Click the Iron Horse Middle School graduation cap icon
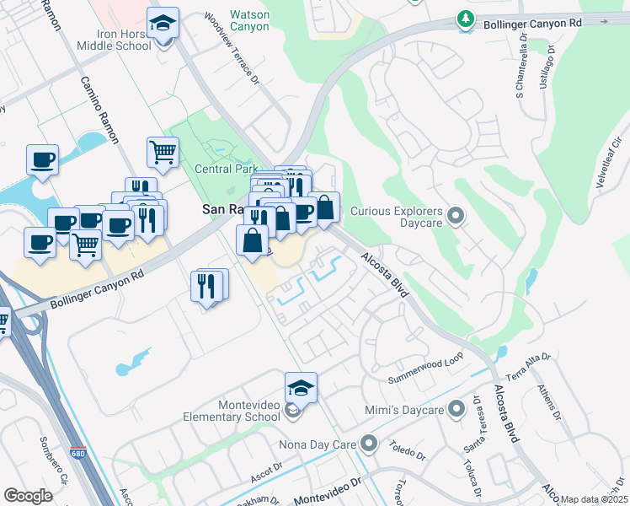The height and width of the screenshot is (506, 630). pos(163,24)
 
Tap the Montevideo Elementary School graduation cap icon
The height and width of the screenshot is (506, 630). pos(301,388)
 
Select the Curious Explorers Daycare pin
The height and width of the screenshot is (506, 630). pos(456,218)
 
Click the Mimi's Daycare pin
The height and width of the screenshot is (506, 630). pos(456,410)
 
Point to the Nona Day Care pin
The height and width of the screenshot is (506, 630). pos(368,443)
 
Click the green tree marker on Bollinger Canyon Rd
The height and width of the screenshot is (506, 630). pos(465,19)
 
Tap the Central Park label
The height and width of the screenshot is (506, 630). pos(226,169)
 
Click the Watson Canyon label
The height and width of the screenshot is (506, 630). pos(250,20)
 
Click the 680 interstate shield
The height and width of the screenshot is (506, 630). pos(77,453)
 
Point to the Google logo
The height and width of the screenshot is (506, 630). pos(28,495)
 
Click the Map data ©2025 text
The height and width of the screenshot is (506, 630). pos(594,499)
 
